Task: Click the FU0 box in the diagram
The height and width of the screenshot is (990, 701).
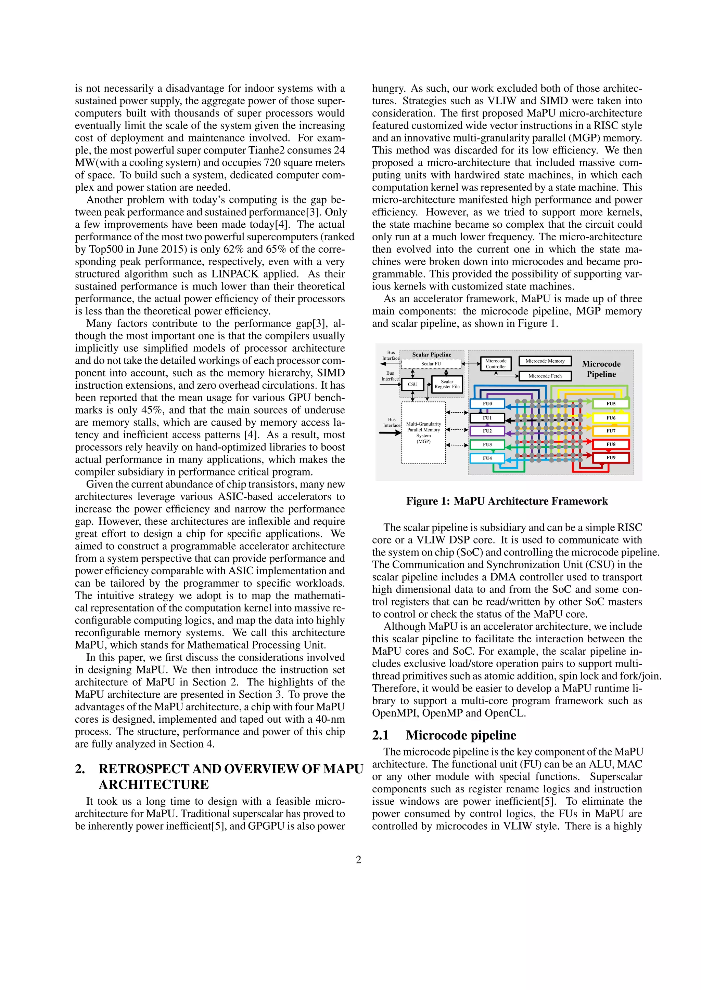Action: click(x=487, y=404)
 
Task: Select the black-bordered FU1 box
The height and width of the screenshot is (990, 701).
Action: click(x=487, y=418)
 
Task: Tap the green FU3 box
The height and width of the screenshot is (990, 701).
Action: click(x=487, y=444)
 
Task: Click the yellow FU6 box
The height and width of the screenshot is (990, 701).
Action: click(x=611, y=418)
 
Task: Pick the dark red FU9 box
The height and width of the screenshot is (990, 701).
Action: click(x=611, y=457)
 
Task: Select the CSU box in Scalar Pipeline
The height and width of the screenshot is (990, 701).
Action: click(x=413, y=384)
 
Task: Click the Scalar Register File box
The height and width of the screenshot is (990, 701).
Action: click(x=447, y=384)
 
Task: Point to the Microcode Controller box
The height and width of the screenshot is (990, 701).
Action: click(x=496, y=363)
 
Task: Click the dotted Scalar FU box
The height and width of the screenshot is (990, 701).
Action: click(x=431, y=363)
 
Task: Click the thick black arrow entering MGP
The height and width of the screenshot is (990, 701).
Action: click(x=390, y=433)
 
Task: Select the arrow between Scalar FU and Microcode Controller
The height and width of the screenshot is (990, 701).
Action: click(x=471, y=363)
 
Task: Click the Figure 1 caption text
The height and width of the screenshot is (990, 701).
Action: click(x=507, y=501)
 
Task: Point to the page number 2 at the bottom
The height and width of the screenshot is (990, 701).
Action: click(x=358, y=860)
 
